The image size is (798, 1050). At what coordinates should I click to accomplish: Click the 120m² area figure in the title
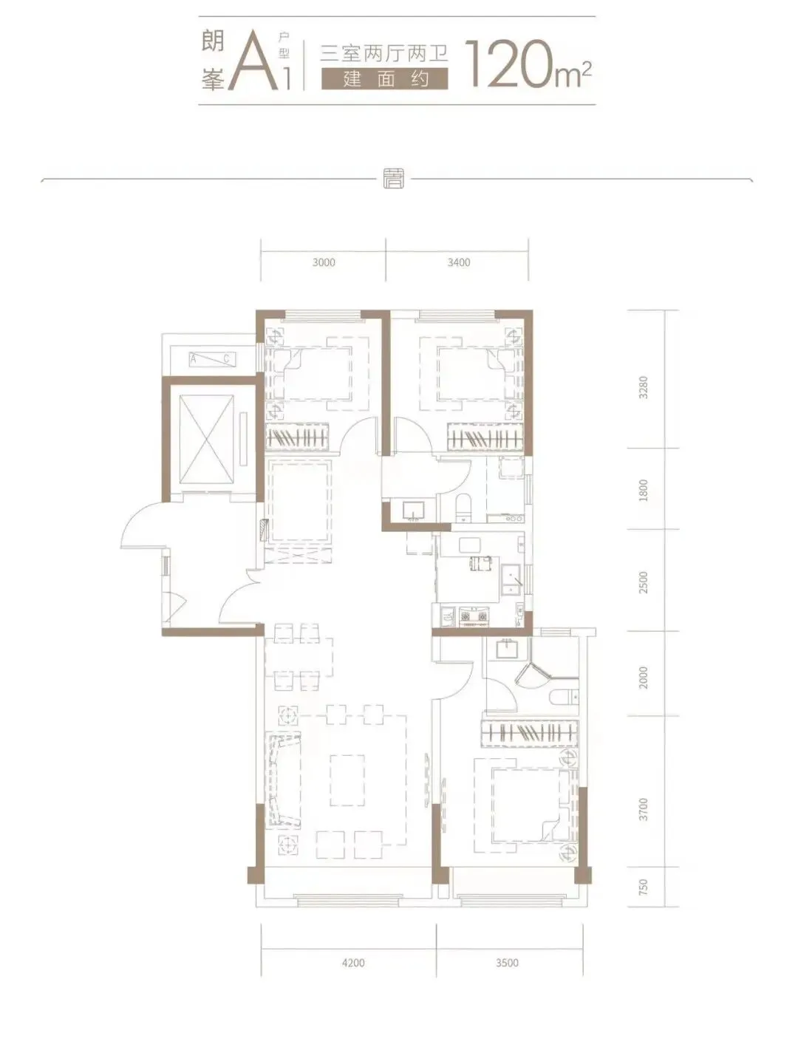[x=529, y=64]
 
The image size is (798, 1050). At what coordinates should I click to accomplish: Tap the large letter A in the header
[x=253, y=64]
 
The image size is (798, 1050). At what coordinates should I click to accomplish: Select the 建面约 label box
[x=385, y=79]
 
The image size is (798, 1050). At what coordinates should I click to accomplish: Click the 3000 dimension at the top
[x=324, y=262]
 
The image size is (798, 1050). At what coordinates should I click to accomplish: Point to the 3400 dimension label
[x=459, y=262]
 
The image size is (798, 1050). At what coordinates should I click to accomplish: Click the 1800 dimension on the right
[x=644, y=490]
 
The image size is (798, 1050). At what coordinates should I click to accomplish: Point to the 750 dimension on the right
[x=644, y=887]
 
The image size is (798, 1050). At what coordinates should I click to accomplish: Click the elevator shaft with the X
[x=207, y=439]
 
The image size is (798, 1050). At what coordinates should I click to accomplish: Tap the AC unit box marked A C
[x=212, y=359]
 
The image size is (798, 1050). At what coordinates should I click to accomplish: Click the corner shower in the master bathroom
[x=533, y=675]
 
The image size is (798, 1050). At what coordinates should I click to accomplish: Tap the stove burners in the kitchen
[x=473, y=616]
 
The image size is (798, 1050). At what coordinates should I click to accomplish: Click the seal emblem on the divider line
[x=394, y=179]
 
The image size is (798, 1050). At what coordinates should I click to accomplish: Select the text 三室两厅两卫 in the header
[x=384, y=52]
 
